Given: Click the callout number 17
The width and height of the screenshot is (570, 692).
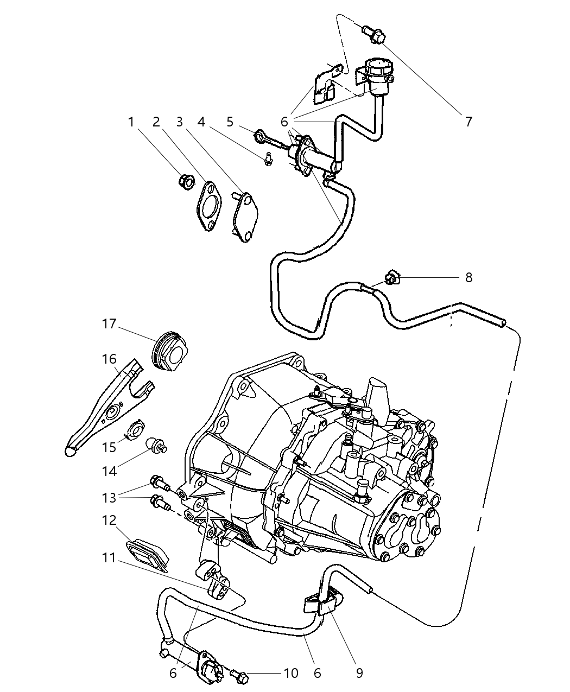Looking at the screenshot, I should (x=109, y=324).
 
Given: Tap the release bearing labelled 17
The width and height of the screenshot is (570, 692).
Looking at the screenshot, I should (x=169, y=353).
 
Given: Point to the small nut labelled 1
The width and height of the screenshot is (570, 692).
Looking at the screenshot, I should (x=186, y=181).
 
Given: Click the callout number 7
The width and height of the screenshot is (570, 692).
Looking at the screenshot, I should (x=468, y=120).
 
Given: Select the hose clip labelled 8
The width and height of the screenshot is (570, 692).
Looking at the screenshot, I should (x=390, y=279).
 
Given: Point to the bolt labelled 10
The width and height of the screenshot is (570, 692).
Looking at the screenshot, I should (x=239, y=676).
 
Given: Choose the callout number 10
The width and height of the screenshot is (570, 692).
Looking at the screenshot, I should (x=291, y=674).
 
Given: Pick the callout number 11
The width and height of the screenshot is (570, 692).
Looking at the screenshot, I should (x=109, y=558).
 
